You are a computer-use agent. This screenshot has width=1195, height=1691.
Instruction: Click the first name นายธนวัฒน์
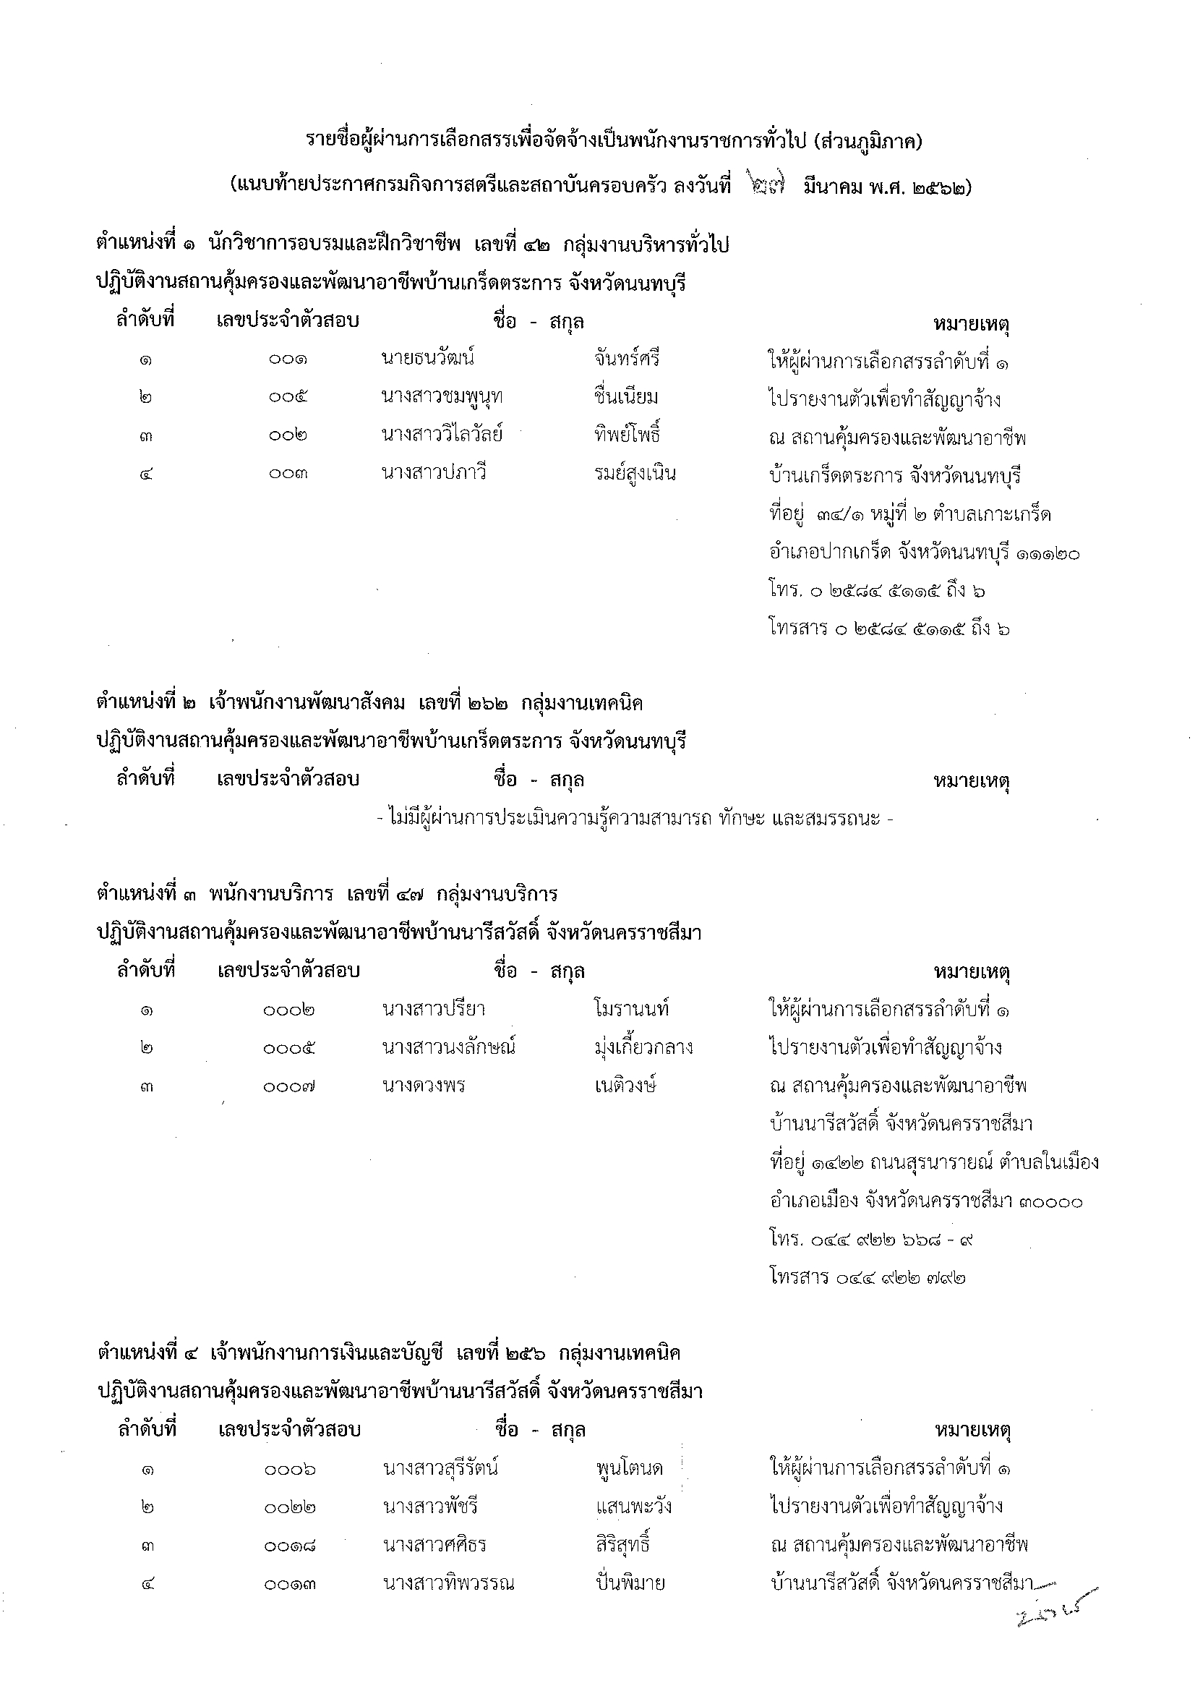pos(428,359)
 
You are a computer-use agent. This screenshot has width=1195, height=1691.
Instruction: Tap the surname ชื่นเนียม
pos(626,397)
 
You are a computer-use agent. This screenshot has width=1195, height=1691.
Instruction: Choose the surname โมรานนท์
pos(632,1010)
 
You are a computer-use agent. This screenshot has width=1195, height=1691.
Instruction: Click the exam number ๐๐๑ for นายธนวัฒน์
pos(288,359)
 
